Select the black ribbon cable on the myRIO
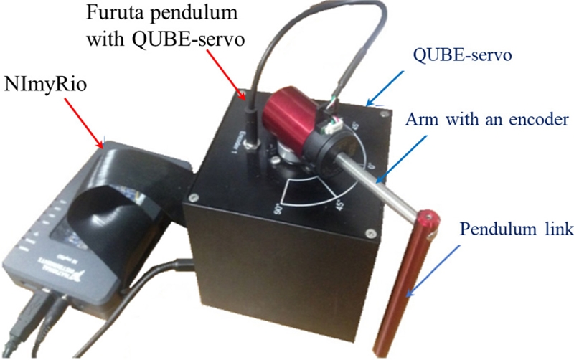tap(122, 186)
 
